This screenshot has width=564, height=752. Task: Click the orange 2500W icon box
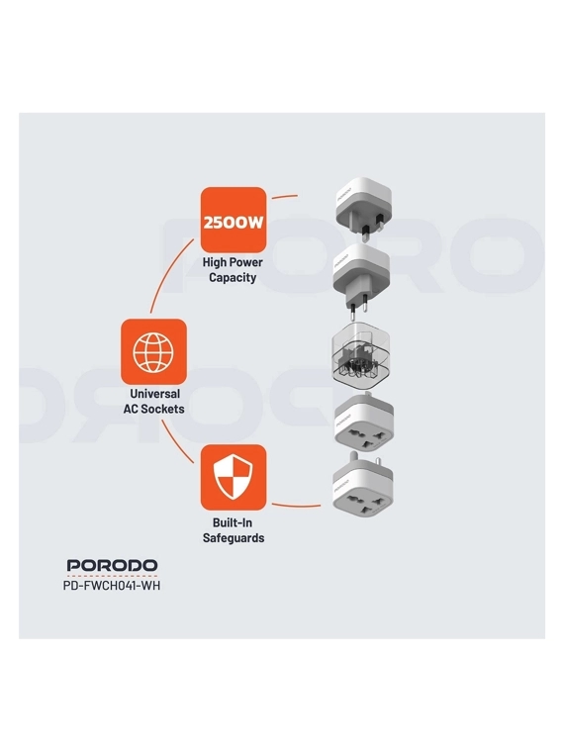pyautogui.click(x=234, y=220)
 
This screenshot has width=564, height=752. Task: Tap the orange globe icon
pyautogui.click(x=153, y=351)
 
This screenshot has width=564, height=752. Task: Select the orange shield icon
pyautogui.click(x=234, y=477)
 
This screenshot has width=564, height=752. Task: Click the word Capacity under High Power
pyautogui.click(x=233, y=278)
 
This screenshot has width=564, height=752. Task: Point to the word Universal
pyautogui.click(x=155, y=394)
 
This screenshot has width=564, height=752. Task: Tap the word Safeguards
pyautogui.click(x=234, y=538)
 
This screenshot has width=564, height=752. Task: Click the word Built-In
pyautogui.click(x=233, y=522)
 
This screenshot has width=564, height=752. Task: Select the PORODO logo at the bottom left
pyautogui.click(x=112, y=565)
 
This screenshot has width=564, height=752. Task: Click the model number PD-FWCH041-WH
pyautogui.click(x=112, y=586)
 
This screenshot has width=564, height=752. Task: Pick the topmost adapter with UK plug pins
pyautogui.click(x=362, y=207)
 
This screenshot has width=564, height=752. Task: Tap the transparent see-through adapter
pyautogui.click(x=360, y=356)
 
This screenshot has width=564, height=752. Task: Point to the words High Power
pyautogui.click(x=233, y=262)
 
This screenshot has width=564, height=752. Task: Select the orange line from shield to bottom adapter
pyautogui.click(x=297, y=506)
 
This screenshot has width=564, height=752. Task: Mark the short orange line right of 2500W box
pyautogui.click(x=284, y=196)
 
